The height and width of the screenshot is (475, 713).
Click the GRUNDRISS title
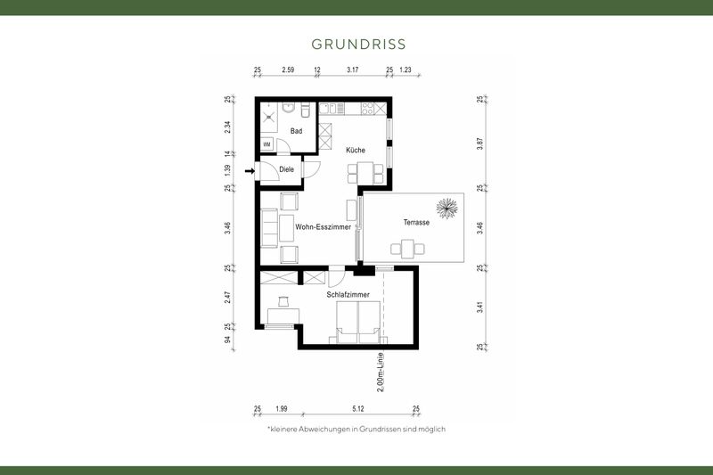(x=359, y=43)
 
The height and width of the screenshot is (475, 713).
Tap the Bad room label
(x=296, y=131)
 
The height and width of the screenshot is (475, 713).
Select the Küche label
(x=356, y=151)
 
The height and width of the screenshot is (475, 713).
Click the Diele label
(x=286, y=169)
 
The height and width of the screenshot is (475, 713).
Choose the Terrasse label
(x=416, y=223)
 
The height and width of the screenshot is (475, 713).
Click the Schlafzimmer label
(x=348, y=293)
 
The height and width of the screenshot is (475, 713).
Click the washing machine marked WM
(x=266, y=143)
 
